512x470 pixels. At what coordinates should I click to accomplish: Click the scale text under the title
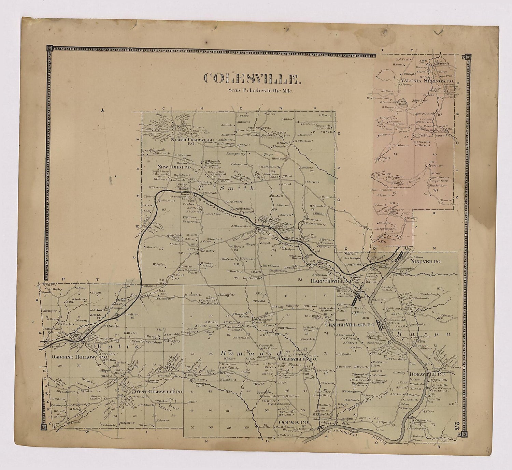coord(261,91)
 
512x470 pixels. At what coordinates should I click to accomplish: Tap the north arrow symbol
coord(103,110)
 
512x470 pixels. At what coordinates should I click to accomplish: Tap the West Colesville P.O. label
coord(158,392)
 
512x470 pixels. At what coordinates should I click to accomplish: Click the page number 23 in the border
coord(457,427)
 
